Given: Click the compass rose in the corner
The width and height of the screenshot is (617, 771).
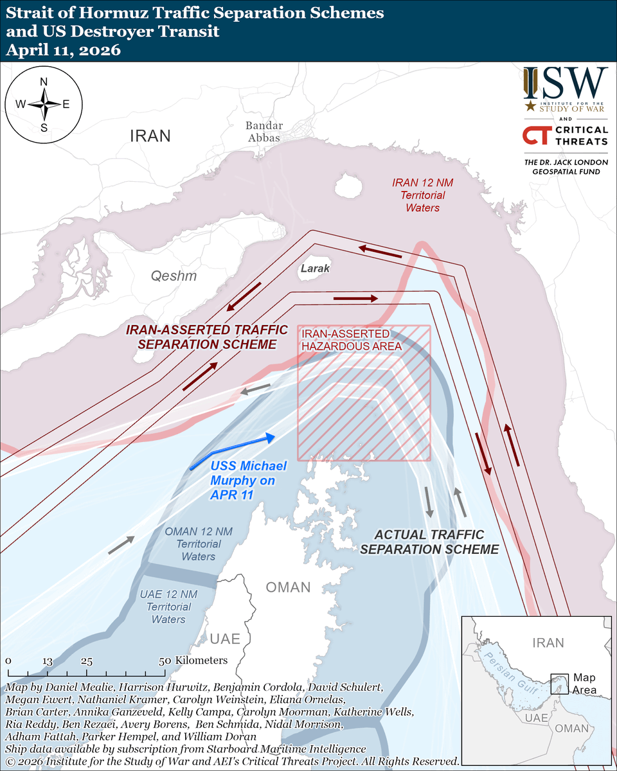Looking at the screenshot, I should [43, 104].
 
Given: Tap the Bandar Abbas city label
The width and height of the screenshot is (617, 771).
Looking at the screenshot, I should [264, 132].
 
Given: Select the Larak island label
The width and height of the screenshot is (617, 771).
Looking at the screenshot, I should [314, 269].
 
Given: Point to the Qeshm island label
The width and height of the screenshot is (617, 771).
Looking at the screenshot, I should [174, 276].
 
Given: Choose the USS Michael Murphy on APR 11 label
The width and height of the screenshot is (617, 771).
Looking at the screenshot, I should [248, 480].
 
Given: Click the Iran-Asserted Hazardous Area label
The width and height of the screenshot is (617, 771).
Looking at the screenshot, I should [351, 340].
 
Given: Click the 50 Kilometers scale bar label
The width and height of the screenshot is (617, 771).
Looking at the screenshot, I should [193, 660].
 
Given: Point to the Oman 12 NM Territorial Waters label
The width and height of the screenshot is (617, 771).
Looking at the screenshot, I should [198, 544].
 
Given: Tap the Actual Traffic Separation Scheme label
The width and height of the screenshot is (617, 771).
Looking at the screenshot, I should [429, 542].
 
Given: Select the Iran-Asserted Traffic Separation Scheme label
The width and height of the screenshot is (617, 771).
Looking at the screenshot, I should [206, 337].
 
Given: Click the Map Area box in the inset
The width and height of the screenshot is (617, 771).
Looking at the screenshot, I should [559, 682].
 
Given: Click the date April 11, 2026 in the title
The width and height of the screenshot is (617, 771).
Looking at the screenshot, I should [63, 50].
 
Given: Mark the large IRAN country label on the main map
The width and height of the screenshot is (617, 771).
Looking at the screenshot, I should [150, 136].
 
